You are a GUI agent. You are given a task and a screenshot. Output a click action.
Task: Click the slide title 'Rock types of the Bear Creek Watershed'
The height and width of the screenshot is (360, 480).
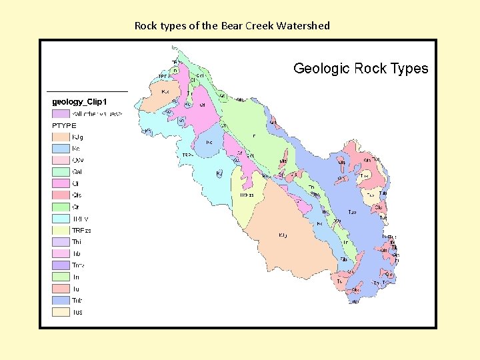[232, 26]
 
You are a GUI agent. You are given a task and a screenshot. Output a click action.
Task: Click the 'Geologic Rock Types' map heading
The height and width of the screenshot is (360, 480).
[361, 68]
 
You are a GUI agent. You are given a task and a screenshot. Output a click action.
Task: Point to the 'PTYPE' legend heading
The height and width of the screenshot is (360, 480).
[64, 125]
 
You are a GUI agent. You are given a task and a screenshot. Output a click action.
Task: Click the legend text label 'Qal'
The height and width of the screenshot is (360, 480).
[77, 171]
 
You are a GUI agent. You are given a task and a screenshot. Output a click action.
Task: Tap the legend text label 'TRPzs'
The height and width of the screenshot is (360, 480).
[81, 230]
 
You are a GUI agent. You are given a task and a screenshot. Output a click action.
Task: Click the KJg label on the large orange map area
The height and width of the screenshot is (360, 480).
[283, 235]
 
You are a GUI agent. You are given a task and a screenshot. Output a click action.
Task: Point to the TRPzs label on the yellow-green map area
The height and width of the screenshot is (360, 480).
[247, 195]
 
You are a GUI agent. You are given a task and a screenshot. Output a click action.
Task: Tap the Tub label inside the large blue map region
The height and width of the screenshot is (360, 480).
[352, 212]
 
